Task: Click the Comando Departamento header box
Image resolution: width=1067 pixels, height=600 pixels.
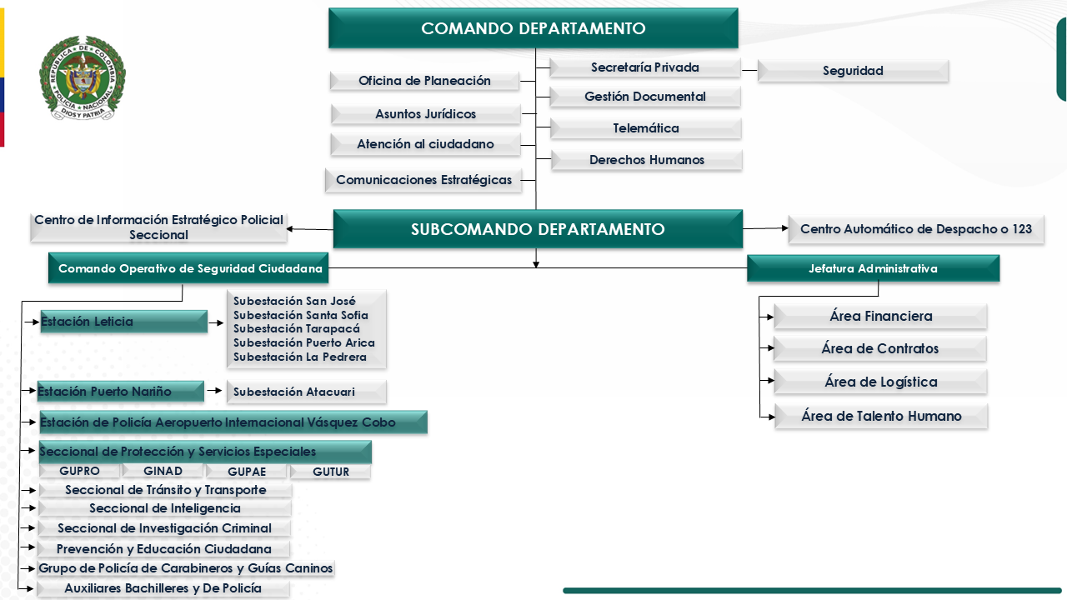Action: pyautogui.click(x=533, y=28)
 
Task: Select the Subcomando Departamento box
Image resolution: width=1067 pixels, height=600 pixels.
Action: pyautogui.click(x=538, y=229)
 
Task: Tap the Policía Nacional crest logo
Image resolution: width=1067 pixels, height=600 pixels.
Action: pyautogui.click(x=82, y=78)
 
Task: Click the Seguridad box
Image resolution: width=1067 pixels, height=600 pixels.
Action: pyautogui.click(x=853, y=71)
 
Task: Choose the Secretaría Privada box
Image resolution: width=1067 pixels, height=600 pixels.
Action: pyautogui.click(x=645, y=67)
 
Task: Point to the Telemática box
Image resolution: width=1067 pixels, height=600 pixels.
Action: pyautogui.click(x=646, y=128)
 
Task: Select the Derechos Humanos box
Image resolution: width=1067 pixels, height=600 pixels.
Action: pyautogui.click(x=647, y=160)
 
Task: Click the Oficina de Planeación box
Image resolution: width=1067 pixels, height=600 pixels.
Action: pyautogui.click(x=424, y=81)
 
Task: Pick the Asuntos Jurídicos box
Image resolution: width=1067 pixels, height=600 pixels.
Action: pyautogui.click(x=426, y=113)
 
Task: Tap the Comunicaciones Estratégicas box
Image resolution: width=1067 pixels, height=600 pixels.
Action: pyautogui.click(x=423, y=180)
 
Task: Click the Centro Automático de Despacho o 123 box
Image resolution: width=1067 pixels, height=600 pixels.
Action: pyautogui.click(x=916, y=229)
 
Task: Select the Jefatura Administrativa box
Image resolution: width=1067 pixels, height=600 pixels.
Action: pyautogui.click(x=873, y=268)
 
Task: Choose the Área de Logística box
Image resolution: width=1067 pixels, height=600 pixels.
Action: pyautogui.click(x=881, y=382)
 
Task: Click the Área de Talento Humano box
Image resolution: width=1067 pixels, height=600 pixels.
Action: pyautogui.click(x=881, y=416)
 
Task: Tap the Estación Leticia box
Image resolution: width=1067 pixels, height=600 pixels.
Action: pyautogui.click(x=123, y=322)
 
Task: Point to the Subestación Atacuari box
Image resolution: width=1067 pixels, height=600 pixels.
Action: pyautogui.click(x=306, y=392)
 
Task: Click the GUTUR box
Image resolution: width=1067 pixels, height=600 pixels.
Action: pyautogui.click(x=331, y=472)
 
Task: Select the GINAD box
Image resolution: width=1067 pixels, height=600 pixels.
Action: pyautogui.click(x=163, y=471)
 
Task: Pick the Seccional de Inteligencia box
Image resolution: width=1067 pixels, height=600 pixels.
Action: pyautogui.click(x=165, y=508)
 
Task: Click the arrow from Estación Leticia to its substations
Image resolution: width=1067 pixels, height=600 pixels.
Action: pyautogui.click(x=216, y=322)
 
